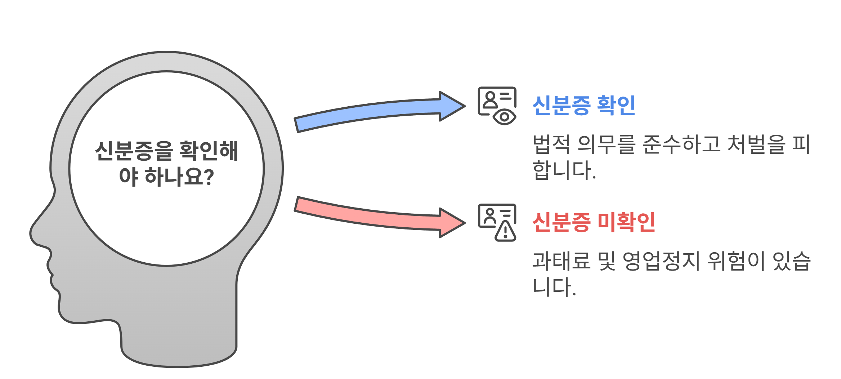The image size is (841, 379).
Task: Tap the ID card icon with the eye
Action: (497, 106)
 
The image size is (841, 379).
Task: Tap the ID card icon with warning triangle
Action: (497, 222)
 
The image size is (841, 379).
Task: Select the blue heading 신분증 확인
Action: (583, 106)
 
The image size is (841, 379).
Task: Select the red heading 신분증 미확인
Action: (594, 222)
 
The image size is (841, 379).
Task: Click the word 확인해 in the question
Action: (209, 151)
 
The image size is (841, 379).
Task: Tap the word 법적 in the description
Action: (551, 144)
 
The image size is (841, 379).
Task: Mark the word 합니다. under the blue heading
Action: (564, 170)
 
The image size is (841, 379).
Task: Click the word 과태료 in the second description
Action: (561, 261)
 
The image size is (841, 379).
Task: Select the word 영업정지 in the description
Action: (661, 261)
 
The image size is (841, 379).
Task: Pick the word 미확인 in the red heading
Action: (626, 222)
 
